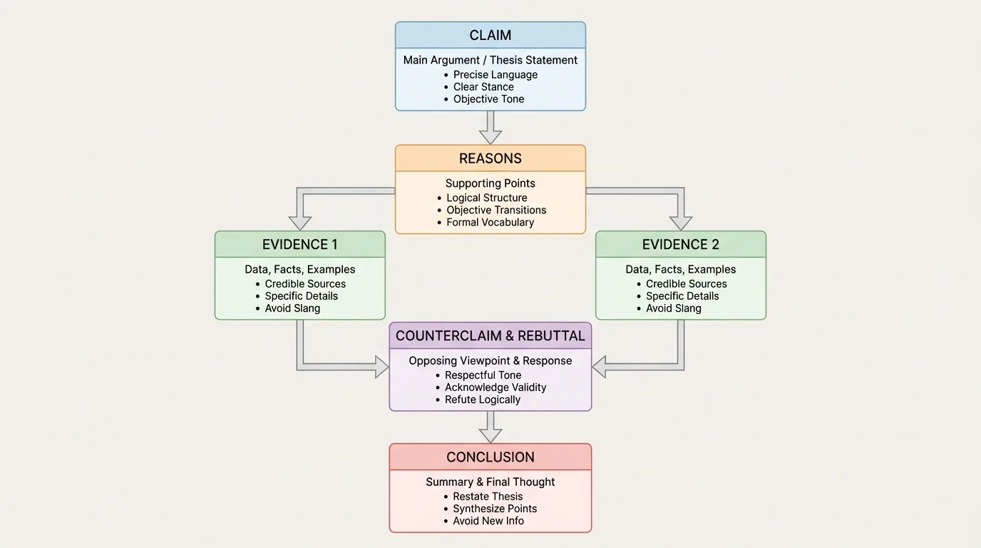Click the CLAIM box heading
point(490,35)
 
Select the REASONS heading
point(490,158)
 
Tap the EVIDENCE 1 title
point(300,244)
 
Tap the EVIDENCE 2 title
point(681,244)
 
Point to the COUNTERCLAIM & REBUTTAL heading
point(490,335)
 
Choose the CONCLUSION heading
point(490,457)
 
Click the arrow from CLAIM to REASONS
point(490,128)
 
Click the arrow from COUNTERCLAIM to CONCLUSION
point(490,427)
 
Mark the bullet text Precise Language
point(495,75)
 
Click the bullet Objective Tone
point(488,99)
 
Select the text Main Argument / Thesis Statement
point(490,60)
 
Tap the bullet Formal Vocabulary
point(490,222)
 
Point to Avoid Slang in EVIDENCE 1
point(292,308)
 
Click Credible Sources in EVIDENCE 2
point(686,284)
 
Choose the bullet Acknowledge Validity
point(495,387)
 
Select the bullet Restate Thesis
point(488,497)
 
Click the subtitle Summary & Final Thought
point(490,482)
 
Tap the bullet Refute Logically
point(483,400)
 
